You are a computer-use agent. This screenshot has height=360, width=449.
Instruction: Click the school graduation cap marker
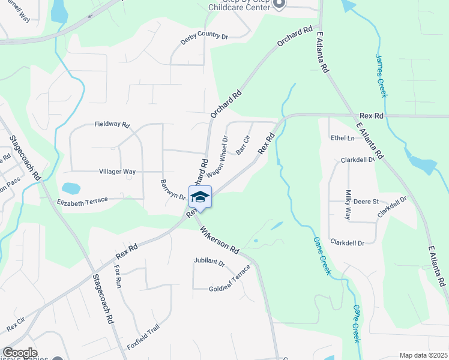(200, 197)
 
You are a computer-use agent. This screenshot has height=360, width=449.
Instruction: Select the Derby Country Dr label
(205, 38)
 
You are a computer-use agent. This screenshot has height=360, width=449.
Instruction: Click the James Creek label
(381, 76)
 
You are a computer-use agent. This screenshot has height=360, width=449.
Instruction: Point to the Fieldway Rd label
(112, 125)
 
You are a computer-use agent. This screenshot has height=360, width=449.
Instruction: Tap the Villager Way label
(117, 172)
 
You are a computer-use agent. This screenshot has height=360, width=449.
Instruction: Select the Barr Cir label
(243, 145)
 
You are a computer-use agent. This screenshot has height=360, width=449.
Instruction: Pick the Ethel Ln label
(343, 138)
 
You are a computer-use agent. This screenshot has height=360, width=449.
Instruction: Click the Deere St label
(366, 202)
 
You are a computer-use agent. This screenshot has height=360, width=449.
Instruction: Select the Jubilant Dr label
(209, 263)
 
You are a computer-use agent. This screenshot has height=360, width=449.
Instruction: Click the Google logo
(20, 353)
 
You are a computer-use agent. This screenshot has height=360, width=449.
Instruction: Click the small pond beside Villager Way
(70, 188)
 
